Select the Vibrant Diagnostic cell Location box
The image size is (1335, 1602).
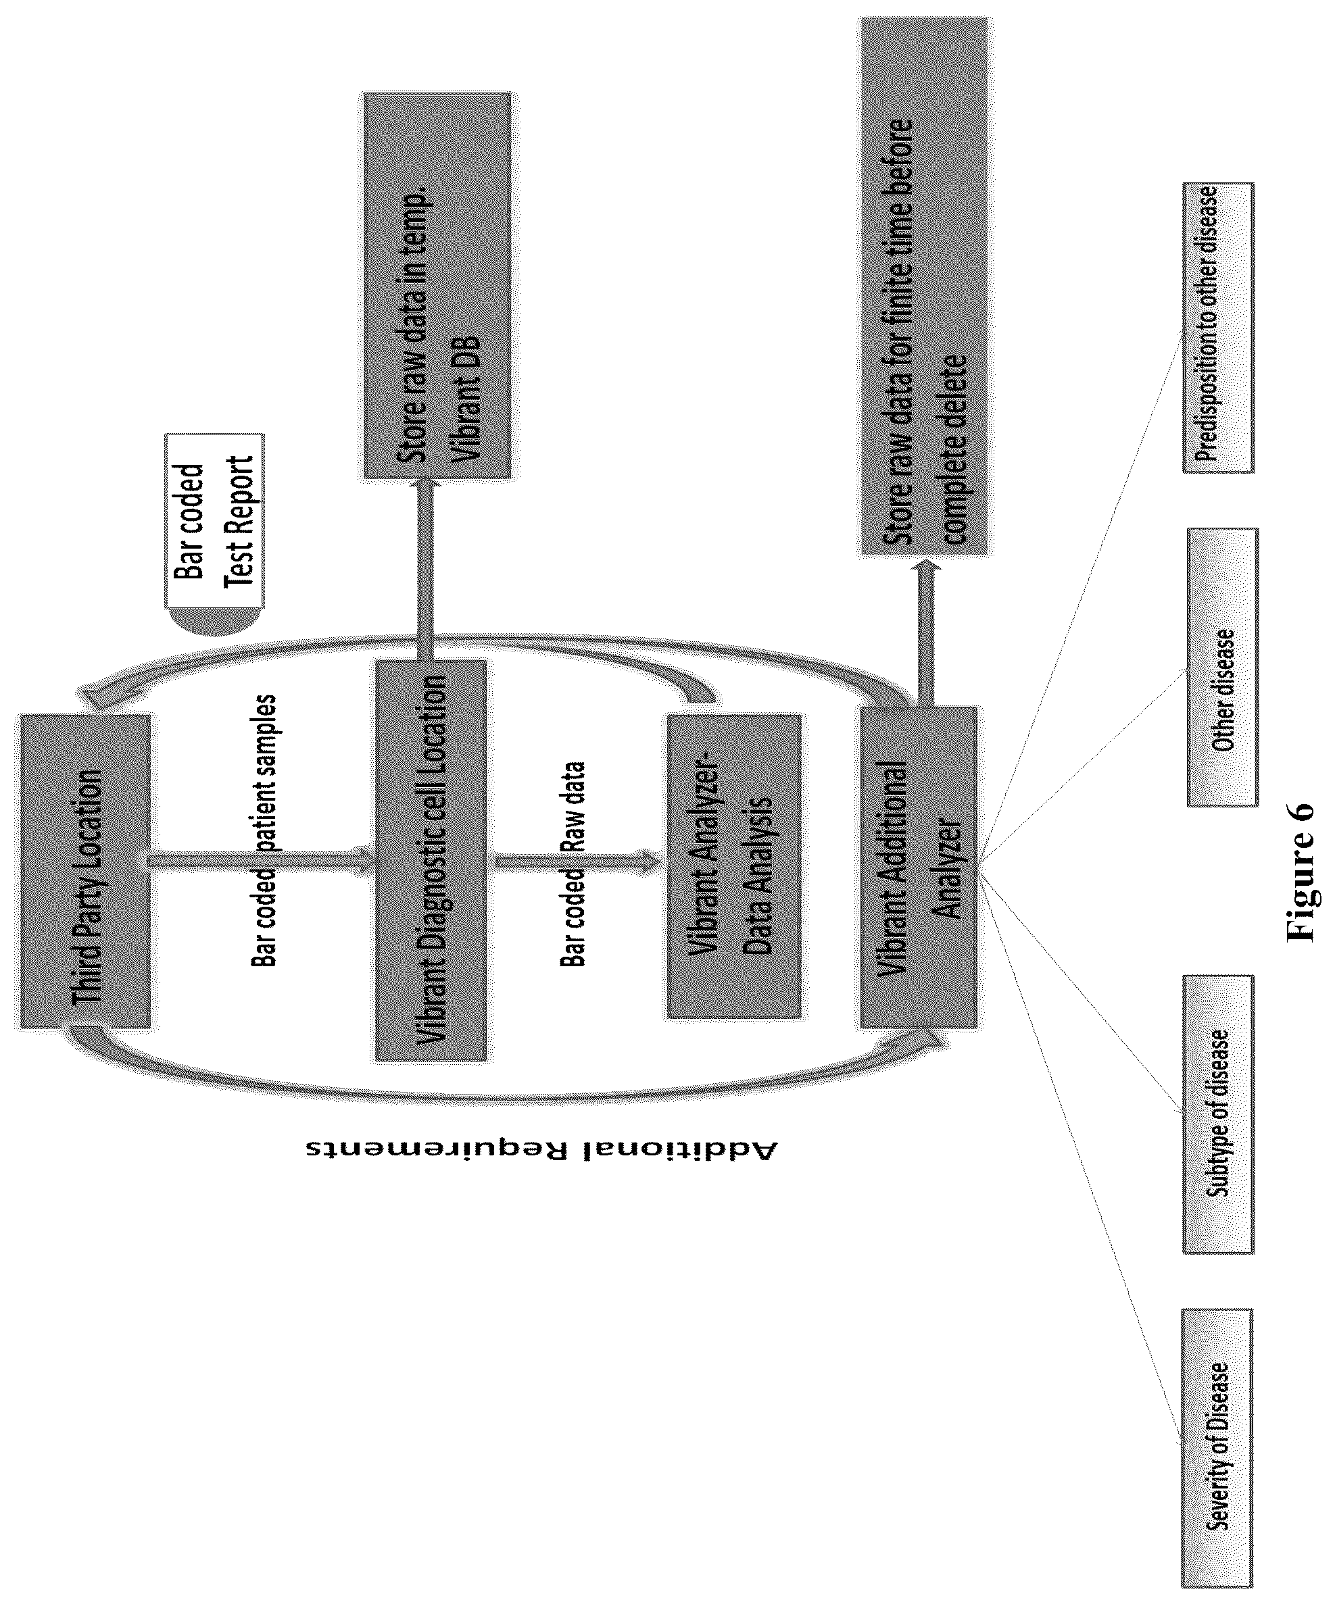pyautogui.click(x=431, y=859)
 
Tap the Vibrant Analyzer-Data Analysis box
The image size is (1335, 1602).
pyautogui.click(x=733, y=866)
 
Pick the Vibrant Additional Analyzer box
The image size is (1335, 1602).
pyautogui.click(x=918, y=867)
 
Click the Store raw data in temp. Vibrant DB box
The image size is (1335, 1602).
pyautogui.click(x=437, y=285)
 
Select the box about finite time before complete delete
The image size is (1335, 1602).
pyautogui.click(x=924, y=285)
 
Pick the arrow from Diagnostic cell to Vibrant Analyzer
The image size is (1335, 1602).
pyautogui.click(x=577, y=862)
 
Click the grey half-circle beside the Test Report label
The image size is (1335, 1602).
pyautogui.click(x=214, y=621)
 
